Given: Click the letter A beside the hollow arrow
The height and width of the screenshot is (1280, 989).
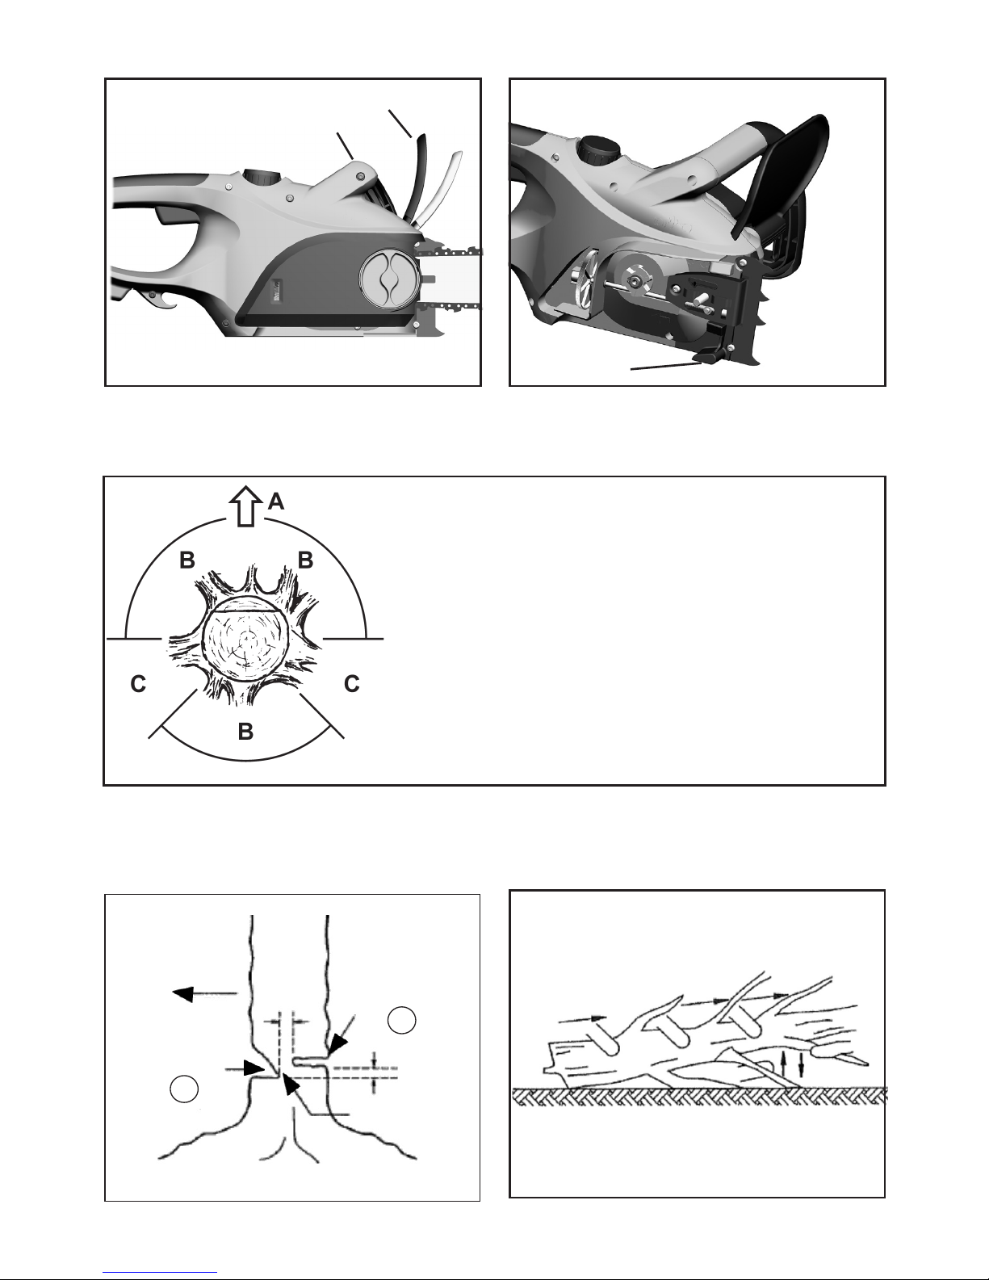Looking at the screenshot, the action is tap(276, 502).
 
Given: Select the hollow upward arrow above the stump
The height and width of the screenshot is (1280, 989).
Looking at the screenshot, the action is tap(245, 506).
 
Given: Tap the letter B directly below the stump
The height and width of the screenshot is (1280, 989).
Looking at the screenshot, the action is tap(245, 731).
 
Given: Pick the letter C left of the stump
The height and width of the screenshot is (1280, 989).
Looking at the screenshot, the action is tap(138, 684).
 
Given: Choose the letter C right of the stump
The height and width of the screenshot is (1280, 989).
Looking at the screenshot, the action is tap(351, 683).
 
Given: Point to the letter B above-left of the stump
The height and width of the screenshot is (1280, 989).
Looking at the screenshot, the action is tap(187, 560).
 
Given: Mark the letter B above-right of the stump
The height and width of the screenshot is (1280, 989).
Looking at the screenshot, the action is tap(305, 560).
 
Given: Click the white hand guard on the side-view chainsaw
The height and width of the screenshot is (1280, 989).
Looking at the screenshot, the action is tap(438, 187).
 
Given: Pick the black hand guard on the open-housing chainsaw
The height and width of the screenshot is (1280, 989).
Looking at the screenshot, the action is tap(782, 175).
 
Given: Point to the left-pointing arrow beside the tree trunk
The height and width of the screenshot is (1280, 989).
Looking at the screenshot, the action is tap(204, 993).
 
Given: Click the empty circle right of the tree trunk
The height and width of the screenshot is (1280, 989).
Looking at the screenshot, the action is tap(401, 1020).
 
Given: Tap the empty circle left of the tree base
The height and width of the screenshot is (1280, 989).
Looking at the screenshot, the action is tap(184, 1089).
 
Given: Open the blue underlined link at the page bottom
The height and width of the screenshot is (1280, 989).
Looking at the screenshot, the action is tap(160, 1272).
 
